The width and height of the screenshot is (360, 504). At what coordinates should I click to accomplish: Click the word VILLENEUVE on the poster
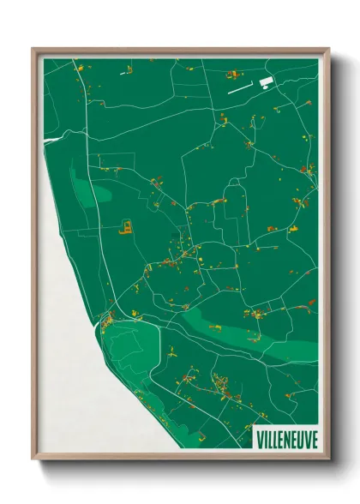coord(286,438)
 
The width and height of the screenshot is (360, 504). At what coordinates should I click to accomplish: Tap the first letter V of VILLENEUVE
coord(261,438)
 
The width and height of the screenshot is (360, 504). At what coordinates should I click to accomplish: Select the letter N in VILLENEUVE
coord(286,438)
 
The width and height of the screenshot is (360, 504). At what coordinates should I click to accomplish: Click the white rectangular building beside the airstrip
coord(265,81)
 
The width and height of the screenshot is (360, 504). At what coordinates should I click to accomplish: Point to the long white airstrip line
coord(239,87)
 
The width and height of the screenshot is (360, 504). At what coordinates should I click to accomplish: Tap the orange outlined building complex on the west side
coord(125,227)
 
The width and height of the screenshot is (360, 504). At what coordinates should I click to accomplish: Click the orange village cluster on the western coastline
coord(108,323)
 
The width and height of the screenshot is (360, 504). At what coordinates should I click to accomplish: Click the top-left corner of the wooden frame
coord(33,49)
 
